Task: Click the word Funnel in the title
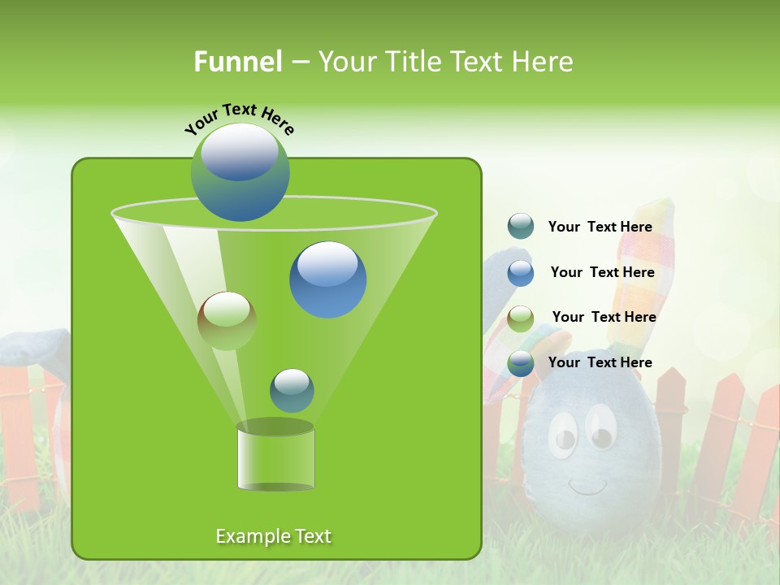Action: click(237, 62)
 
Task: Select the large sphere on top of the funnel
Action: click(240, 171)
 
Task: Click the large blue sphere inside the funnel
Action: click(327, 279)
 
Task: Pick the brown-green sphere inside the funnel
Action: click(227, 320)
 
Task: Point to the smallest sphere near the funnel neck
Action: click(292, 390)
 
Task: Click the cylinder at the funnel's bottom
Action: click(275, 457)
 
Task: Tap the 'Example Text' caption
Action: click(273, 536)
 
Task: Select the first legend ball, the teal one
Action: click(521, 226)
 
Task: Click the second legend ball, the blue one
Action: click(521, 273)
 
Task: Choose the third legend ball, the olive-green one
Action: click(521, 318)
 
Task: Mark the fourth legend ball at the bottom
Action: click(521, 363)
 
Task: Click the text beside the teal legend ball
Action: click(600, 227)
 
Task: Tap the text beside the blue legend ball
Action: click(602, 273)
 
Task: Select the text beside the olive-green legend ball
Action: click(604, 317)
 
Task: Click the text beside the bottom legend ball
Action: click(600, 362)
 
